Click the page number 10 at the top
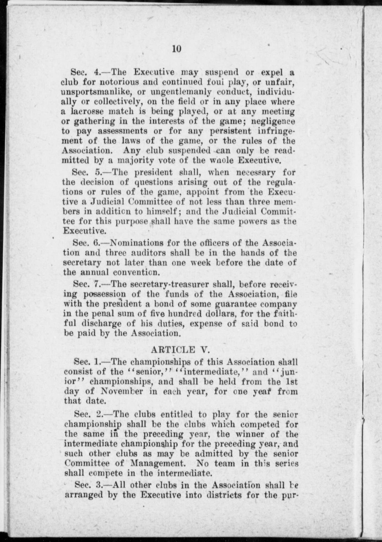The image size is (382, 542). click(177, 49)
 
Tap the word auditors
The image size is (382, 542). click(146, 253)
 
